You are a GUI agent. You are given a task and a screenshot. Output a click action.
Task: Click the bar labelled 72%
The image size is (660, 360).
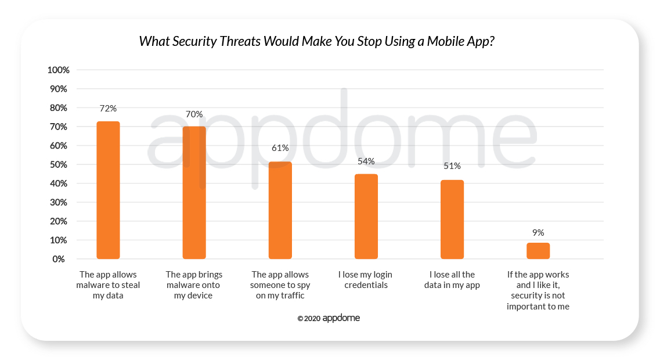pyautogui.click(x=108, y=190)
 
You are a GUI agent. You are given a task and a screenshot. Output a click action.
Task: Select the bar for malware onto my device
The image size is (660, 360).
pyautogui.click(x=194, y=192)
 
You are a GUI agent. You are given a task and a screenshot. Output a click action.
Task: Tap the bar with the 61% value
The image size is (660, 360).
pyautogui.click(x=280, y=210)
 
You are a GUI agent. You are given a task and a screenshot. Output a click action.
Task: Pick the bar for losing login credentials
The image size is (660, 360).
pyautogui.click(x=366, y=216)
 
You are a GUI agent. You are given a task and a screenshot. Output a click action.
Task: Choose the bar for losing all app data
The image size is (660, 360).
pyautogui.click(x=452, y=219)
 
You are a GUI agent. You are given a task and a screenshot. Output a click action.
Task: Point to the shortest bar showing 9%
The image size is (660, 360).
pyautogui.click(x=538, y=251)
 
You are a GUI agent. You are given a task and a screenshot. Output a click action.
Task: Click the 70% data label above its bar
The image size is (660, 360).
pyautogui.click(x=194, y=114)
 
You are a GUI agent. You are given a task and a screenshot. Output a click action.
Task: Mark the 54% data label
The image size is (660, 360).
pyautogui.click(x=366, y=161)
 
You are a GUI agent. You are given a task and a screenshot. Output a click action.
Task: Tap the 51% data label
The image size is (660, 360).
pyautogui.click(x=452, y=166)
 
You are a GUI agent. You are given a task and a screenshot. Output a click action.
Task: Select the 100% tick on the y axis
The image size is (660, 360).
pyautogui.click(x=58, y=70)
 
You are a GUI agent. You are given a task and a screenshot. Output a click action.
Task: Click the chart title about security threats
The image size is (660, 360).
pyautogui.click(x=317, y=42)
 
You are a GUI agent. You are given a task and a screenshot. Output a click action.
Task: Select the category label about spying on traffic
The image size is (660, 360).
pyautogui.click(x=280, y=285)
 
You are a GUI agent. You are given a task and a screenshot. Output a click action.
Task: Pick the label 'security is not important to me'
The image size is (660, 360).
pyautogui.click(x=538, y=301)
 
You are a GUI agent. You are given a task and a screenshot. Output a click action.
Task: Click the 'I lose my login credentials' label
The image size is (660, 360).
pyautogui.click(x=366, y=279)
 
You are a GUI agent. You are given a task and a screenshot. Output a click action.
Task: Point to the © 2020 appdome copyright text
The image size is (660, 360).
pyautogui.click(x=329, y=318)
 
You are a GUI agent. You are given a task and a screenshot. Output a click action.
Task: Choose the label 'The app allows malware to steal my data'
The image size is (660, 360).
pyautogui.click(x=108, y=285)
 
